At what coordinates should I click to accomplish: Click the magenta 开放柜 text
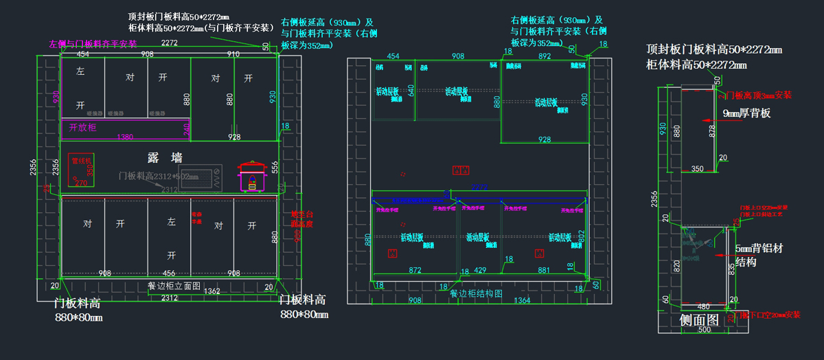tap(82, 127)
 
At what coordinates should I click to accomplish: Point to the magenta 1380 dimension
tap(125, 137)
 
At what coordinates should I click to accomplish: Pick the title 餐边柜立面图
tap(174, 285)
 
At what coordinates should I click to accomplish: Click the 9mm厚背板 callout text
tap(746, 113)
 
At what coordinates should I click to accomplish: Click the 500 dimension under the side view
tap(705, 330)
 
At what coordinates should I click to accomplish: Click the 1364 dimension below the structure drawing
tap(523, 300)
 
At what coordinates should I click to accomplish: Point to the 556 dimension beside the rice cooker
tap(274, 166)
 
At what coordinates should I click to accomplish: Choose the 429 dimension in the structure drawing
tap(480, 271)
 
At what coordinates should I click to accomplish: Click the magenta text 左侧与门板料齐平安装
tap(93, 44)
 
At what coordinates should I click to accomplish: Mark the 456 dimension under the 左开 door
tap(168, 273)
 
